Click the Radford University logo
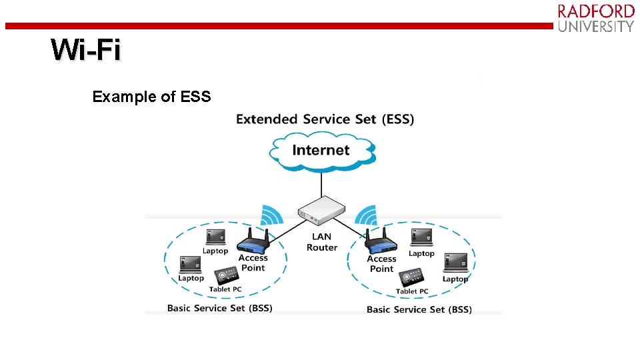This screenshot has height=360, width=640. [x=595, y=18]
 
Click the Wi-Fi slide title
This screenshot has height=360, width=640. [x=86, y=51]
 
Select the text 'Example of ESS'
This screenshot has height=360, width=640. [x=151, y=97]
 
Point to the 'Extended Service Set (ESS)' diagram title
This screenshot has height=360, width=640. [x=325, y=119]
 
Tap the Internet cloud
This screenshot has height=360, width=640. [x=321, y=150]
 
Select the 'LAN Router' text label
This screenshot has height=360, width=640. [x=322, y=242]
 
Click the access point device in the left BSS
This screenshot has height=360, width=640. [x=253, y=241]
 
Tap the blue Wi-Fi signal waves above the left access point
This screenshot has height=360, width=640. [x=271, y=215]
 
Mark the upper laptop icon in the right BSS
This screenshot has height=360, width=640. [x=421, y=237]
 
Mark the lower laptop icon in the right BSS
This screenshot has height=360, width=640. [x=456, y=264]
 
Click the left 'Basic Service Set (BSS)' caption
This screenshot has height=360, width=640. [x=219, y=308]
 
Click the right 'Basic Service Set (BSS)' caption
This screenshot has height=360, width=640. [x=419, y=309]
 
